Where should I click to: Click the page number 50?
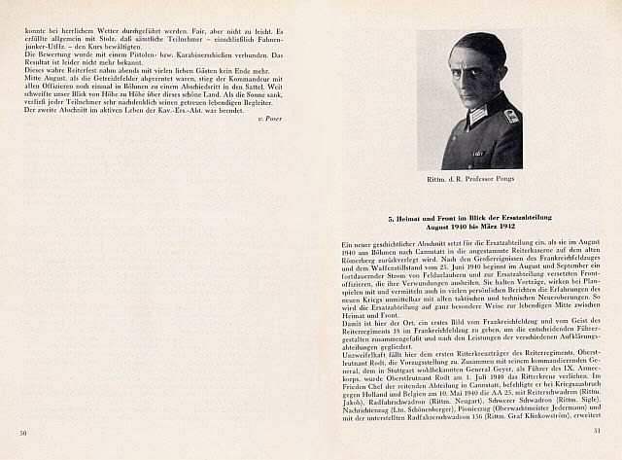pos(21,431)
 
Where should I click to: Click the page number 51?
pos(599,431)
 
